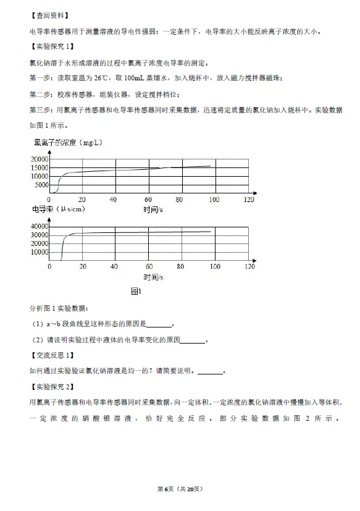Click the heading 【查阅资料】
49,15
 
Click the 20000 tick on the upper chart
40,159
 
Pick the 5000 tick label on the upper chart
41,184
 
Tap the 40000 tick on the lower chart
40,226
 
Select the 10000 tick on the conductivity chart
40,251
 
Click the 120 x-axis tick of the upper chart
249,200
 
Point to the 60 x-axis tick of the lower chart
148,266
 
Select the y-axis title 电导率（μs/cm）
59,209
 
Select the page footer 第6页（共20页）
180,489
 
